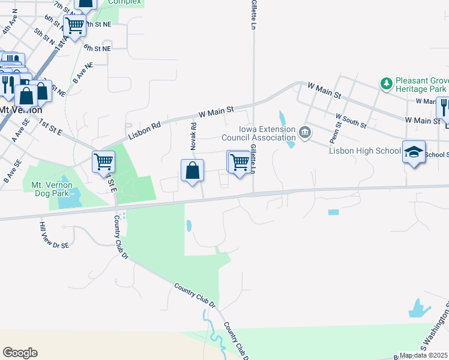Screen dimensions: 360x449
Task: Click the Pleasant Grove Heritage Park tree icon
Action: click(x=387, y=83)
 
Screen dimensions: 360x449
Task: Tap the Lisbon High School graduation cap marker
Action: click(x=414, y=152)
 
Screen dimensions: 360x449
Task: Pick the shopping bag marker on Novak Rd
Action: click(x=192, y=171)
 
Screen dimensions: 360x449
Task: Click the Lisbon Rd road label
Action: click(x=145, y=128)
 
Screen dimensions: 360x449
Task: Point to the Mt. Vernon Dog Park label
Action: click(x=52, y=185)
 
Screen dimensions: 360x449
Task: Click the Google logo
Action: click(x=20, y=353)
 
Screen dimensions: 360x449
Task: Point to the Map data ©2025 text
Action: click(x=424, y=356)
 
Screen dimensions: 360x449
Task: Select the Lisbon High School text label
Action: click(x=364, y=151)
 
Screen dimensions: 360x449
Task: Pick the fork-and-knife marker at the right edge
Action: click(x=443, y=107)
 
